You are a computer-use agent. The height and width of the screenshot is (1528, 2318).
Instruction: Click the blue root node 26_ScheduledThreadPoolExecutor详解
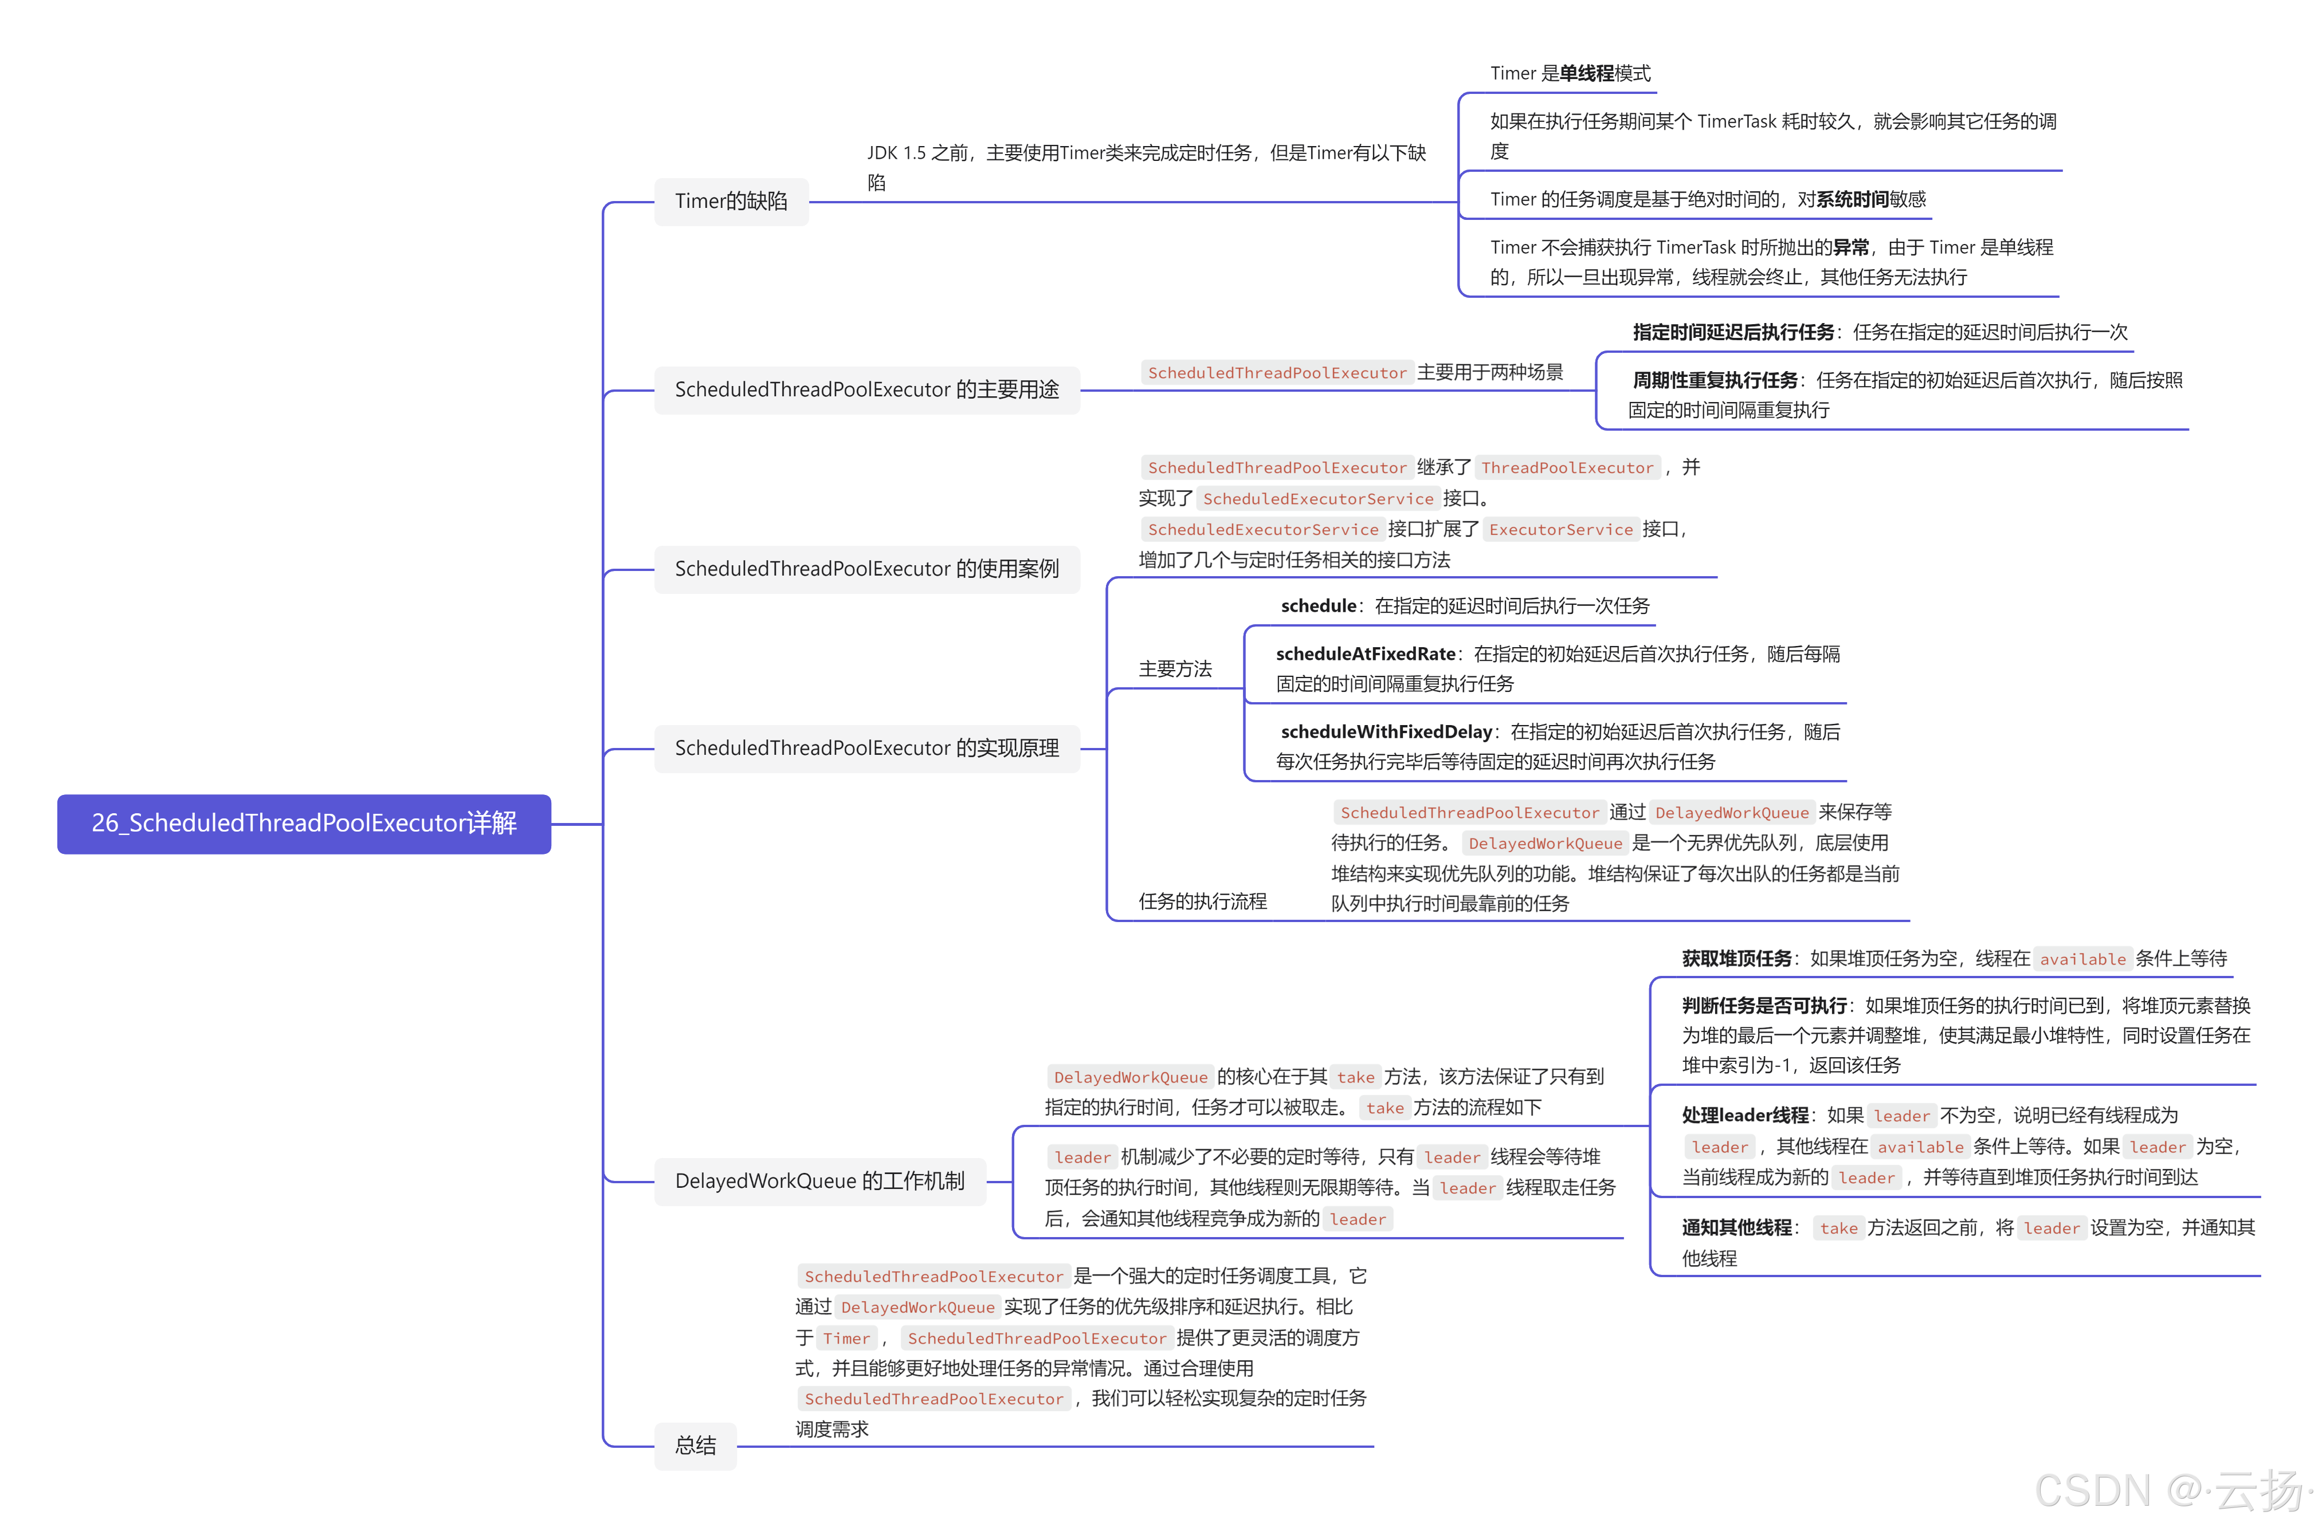304,824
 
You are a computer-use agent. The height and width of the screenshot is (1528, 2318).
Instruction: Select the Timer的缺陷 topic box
731,202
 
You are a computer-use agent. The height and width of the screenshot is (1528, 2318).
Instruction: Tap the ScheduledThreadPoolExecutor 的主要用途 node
866,390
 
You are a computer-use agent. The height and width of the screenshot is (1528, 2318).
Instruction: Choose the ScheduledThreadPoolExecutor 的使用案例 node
866,569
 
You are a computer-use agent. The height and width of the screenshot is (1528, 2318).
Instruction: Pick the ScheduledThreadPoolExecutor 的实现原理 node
866,749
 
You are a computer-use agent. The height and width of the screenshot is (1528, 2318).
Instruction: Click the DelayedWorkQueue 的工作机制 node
820,1181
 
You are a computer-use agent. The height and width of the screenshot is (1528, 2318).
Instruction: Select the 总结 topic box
695,1445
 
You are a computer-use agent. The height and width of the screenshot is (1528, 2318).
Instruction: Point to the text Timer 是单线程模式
1570,74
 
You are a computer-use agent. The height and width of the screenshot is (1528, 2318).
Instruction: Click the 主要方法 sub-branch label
1175,670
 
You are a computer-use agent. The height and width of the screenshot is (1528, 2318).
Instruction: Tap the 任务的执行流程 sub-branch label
1202,901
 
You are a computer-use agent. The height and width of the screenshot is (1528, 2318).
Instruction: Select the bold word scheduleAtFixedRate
1364,654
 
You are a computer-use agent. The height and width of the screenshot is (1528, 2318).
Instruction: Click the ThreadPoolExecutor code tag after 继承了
1567,468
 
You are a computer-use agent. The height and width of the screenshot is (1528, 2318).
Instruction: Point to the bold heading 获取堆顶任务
1736,959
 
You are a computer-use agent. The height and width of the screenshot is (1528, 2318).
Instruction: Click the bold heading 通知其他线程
1736,1228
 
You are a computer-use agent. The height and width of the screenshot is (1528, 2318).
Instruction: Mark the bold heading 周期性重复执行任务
1715,380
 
